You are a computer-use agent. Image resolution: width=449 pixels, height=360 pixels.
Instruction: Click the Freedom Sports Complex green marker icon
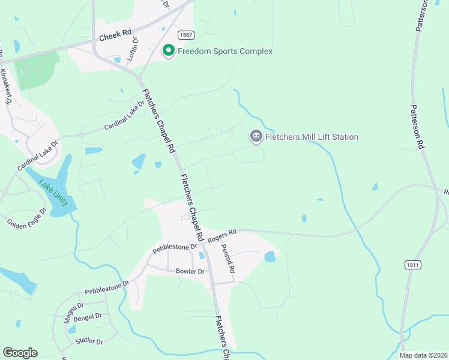point(169,51)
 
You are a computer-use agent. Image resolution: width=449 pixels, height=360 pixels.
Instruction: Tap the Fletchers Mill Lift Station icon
point(256,137)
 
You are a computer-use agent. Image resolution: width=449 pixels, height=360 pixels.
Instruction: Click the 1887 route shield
point(185,35)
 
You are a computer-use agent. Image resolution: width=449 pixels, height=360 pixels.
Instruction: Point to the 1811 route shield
point(412,264)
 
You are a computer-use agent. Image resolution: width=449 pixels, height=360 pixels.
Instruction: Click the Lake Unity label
point(54,193)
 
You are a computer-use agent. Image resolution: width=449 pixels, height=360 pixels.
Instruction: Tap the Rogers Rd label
point(223,235)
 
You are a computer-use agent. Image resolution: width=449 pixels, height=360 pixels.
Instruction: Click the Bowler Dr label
point(190,272)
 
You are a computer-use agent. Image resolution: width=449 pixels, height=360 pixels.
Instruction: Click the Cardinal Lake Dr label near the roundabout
point(125,116)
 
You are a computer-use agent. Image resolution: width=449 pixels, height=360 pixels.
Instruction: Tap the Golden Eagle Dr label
point(27,218)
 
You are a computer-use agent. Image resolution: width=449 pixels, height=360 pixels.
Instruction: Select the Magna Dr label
point(75,313)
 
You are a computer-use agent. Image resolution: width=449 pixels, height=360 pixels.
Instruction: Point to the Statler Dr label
point(89,341)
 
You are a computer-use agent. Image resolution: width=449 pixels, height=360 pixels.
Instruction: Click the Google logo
point(20,353)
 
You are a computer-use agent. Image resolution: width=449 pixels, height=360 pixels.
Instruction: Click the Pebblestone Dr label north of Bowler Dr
point(175,247)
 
